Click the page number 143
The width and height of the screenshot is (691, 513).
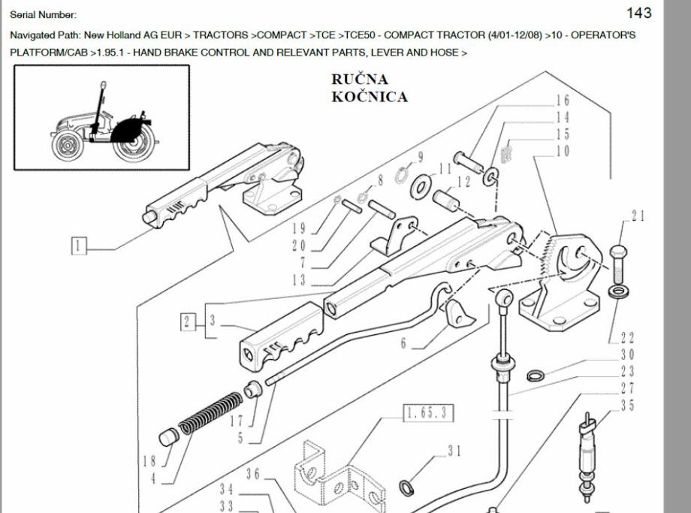(x=638, y=13)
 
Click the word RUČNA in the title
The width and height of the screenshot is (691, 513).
(x=360, y=80)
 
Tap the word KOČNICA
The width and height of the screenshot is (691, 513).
(x=370, y=96)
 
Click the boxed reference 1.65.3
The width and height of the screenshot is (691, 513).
(x=429, y=412)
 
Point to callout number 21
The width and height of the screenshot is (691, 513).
(x=638, y=216)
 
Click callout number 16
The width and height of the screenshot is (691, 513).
(x=563, y=100)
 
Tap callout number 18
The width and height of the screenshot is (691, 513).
(x=149, y=460)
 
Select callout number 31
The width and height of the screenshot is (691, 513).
(x=454, y=451)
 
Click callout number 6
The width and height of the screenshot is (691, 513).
(x=403, y=343)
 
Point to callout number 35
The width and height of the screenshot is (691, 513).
(x=627, y=406)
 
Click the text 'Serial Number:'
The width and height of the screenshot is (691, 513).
(x=44, y=14)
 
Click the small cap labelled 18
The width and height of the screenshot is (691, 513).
(x=169, y=436)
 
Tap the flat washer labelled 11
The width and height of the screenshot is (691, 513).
(x=423, y=185)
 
